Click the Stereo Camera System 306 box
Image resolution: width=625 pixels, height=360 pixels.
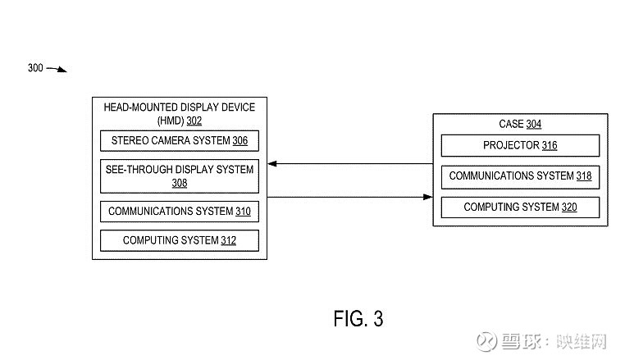pyautogui.click(x=179, y=141)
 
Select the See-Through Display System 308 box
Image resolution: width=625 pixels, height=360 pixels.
pyautogui.click(x=179, y=176)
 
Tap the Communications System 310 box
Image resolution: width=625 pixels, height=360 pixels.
pyautogui.click(x=179, y=212)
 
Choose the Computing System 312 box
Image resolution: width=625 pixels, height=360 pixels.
pyautogui.click(x=179, y=240)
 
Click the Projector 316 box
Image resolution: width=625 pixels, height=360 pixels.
pyautogui.click(x=520, y=146)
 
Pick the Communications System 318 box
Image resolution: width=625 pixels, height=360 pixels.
pyautogui.click(x=520, y=176)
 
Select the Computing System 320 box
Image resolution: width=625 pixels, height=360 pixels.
pyautogui.click(x=520, y=207)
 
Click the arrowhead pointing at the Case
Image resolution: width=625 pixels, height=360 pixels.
pyautogui.click(x=427, y=197)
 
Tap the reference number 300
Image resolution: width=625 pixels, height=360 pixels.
pyautogui.click(x=35, y=68)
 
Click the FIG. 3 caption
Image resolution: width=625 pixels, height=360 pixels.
pyautogui.click(x=358, y=317)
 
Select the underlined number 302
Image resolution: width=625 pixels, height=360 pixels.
pyautogui.click(x=194, y=121)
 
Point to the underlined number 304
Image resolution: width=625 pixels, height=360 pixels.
pyautogui.click(x=533, y=125)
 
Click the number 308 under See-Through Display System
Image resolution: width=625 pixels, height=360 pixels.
pyautogui.click(x=180, y=184)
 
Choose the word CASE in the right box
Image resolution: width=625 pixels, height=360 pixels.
pyautogui.click(x=511, y=125)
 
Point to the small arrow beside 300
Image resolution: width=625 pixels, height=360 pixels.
pyautogui.click(x=57, y=69)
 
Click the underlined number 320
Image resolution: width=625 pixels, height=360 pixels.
pyautogui.click(x=568, y=207)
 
